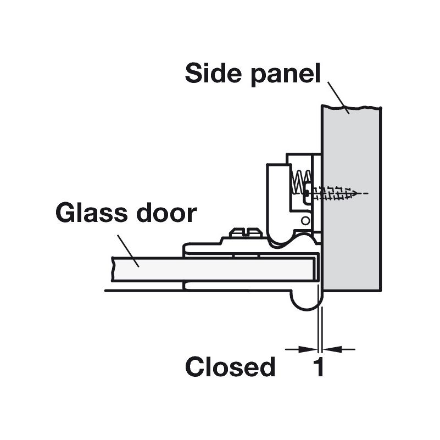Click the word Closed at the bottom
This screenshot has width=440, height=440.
tap(230, 366)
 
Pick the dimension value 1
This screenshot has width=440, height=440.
tap(319, 366)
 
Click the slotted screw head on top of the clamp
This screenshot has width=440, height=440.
tap(246, 232)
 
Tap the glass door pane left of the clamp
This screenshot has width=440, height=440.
tap(148, 269)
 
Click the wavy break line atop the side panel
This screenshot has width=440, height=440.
tap(352, 107)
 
